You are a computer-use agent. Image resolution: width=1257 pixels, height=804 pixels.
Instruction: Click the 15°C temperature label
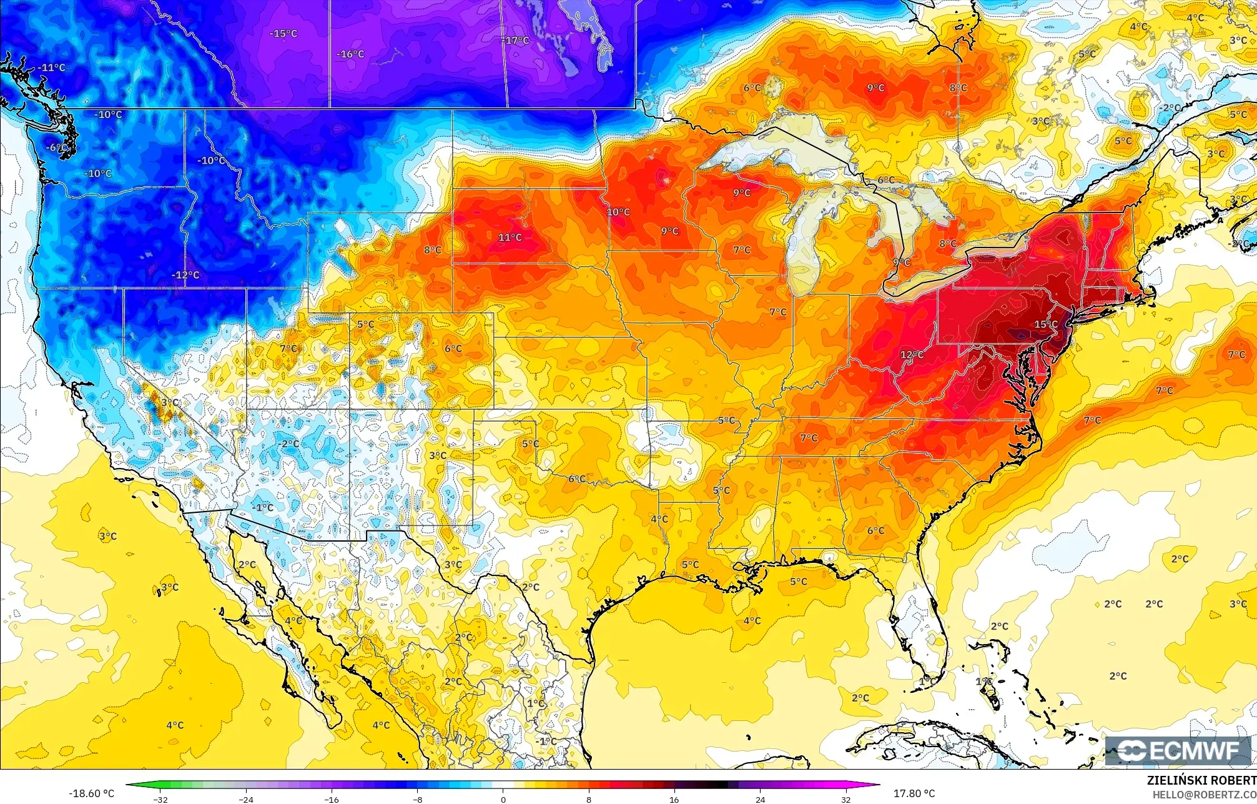point(1046,324)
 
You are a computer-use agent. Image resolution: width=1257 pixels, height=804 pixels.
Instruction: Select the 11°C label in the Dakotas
point(510,237)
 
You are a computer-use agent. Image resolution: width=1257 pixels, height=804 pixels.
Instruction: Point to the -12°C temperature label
point(185,275)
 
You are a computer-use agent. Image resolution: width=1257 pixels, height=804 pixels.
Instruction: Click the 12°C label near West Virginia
point(912,355)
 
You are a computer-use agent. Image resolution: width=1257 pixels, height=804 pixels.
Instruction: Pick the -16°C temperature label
point(350,54)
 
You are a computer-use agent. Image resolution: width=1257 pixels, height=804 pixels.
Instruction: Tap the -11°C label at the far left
point(51,67)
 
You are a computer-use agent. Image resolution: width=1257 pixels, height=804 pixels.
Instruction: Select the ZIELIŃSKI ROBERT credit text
point(1201,780)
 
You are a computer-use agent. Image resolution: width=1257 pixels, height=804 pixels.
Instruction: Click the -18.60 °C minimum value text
point(91,793)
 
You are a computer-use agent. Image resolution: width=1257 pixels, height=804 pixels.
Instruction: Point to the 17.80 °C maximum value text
point(914,793)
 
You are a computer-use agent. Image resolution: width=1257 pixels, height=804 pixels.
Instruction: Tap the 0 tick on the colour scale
point(503,799)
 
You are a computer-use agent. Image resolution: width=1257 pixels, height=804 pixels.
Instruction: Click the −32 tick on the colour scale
point(160,799)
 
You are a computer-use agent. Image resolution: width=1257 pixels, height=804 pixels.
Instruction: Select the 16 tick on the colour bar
point(674,799)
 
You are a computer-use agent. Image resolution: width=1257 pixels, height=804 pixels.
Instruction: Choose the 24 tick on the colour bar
point(760,799)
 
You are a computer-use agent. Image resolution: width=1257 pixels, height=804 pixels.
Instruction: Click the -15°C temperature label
point(283,33)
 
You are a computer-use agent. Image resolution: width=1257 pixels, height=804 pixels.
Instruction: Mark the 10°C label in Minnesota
point(618,212)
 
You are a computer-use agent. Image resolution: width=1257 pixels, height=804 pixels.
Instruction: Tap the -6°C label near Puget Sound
point(56,148)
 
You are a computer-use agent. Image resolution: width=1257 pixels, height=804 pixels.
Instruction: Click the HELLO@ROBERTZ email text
point(1204,794)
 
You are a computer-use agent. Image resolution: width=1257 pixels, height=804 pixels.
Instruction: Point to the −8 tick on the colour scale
point(417,799)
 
